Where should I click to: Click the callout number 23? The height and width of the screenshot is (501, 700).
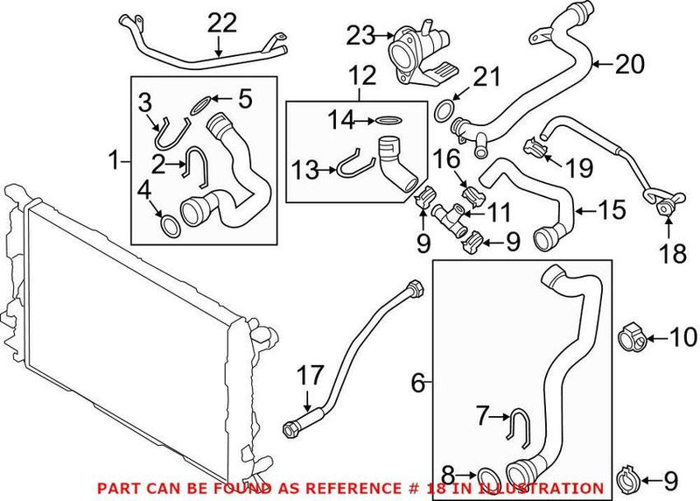pos(359,35)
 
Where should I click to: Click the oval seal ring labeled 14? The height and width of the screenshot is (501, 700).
pos(388,120)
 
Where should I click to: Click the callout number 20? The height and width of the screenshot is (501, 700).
pos(630,63)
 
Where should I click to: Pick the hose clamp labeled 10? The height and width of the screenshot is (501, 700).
pos(633,335)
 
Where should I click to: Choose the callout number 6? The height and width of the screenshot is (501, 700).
pos(417,383)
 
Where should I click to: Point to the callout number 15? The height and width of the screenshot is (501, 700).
pos(612,210)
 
